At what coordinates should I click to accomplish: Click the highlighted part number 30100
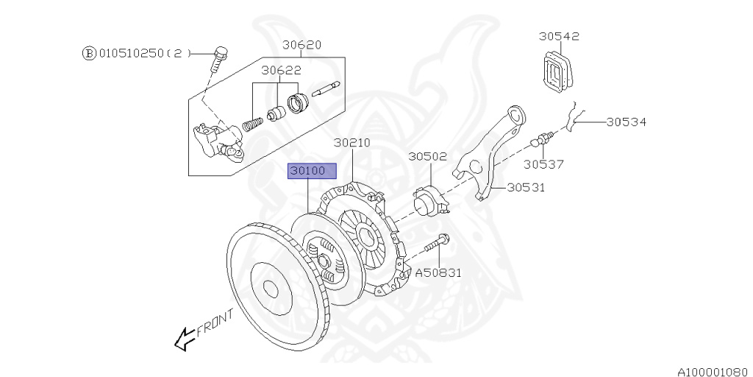click(x=312, y=172)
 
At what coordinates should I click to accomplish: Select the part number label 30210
click(x=352, y=142)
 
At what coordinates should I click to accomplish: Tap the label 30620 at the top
click(x=302, y=45)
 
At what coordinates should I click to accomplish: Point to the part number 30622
click(x=280, y=71)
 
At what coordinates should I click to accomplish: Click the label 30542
click(x=558, y=35)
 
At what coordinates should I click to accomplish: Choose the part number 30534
click(x=626, y=121)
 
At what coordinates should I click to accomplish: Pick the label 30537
click(x=543, y=163)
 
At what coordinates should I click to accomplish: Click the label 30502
click(x=427, y=156)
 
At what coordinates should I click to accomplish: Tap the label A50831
click(x=438, y=272)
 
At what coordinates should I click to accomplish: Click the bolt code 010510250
click(x=132, y=53)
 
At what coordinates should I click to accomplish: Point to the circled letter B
click(x=88, y=53)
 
